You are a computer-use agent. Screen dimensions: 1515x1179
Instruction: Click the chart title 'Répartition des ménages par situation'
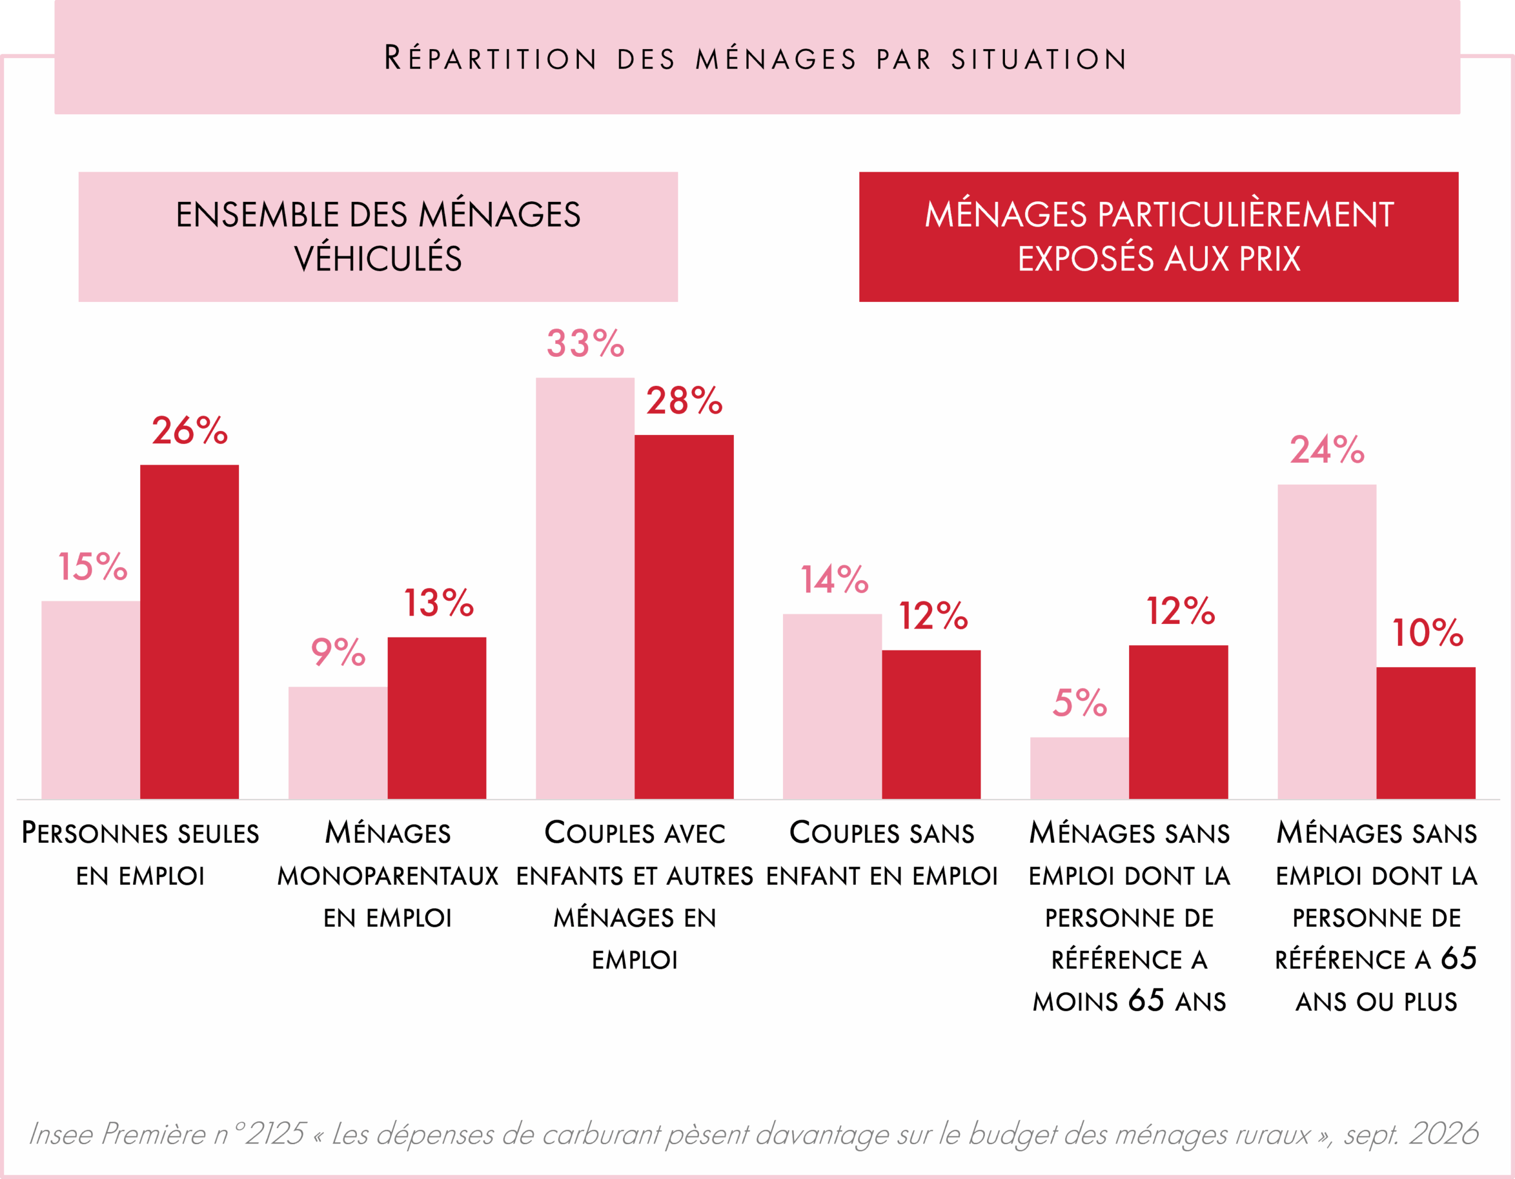[756, 57]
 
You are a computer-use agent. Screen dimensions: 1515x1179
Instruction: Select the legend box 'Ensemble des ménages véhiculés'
[378, 237]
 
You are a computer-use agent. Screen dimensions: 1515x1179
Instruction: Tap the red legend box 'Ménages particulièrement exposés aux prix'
[1159, 237]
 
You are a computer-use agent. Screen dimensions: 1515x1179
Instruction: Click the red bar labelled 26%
[189, 632]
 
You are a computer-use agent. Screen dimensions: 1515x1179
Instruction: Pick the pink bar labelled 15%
[91, 700]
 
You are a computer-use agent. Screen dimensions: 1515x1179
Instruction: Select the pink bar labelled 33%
[585, 588]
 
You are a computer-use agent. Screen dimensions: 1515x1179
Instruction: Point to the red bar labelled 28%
[684, 617]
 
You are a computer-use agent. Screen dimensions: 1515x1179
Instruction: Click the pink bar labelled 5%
[1079, 768]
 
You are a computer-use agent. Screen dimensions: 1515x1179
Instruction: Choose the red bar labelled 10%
[1426, 733]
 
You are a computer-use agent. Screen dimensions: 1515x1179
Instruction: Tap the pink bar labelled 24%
[1327, 642]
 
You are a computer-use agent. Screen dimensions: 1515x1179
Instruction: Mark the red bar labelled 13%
[437, 718]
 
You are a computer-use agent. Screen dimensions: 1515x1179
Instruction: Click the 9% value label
[338, 652]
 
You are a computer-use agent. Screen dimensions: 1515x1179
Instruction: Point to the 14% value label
[834, 579]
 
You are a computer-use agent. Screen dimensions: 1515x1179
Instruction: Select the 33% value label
[585, 343]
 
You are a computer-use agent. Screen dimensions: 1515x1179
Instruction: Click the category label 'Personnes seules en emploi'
[140, 854]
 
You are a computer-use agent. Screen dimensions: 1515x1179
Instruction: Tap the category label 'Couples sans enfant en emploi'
[882, 854]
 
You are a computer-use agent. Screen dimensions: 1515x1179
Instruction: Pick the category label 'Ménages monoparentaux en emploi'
[388, 875]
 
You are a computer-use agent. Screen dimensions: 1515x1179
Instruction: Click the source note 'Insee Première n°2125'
[166, 1134]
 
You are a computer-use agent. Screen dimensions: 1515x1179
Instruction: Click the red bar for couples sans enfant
[931, 724]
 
